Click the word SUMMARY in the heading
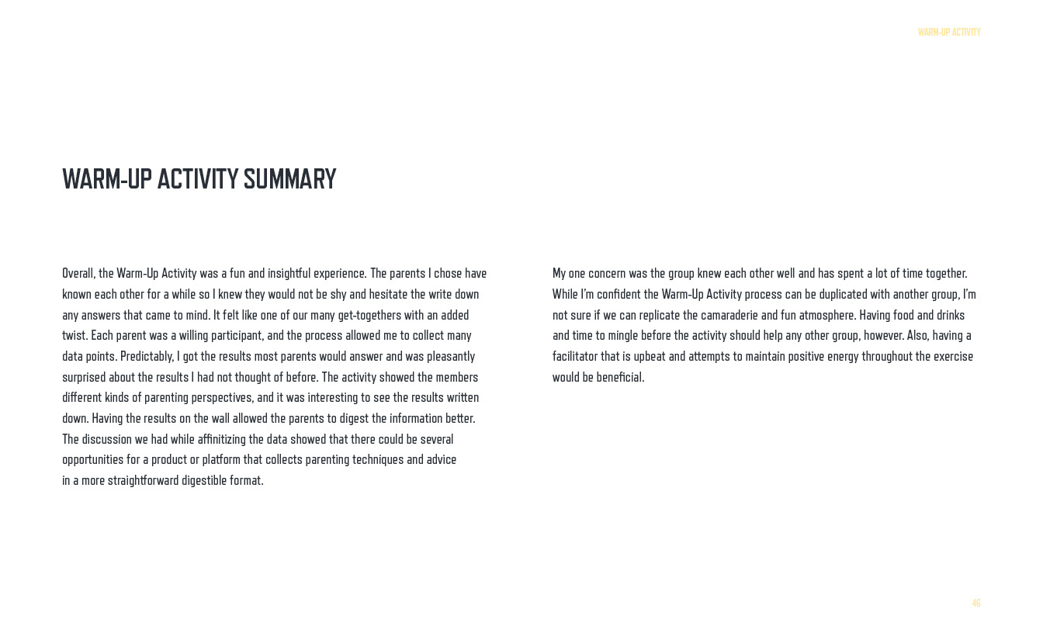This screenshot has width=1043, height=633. click(x=289, y=179)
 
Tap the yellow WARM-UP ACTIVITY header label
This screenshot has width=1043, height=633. click(x=949, y=32)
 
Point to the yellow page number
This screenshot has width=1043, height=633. click(x=976, y=603)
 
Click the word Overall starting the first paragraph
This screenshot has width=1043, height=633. click(x=78, y=273)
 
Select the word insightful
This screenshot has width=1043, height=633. click(x=289, y=273)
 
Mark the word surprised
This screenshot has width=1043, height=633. click(x=83, y=377)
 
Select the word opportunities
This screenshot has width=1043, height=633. click(x=92, y=459)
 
